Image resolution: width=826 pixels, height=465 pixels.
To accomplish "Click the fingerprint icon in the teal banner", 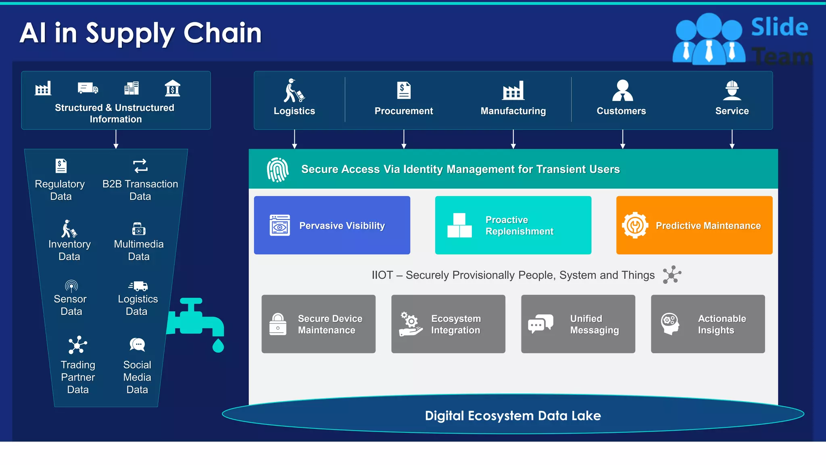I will coord(277,170).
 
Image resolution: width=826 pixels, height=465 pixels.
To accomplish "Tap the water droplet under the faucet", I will coord(218,346).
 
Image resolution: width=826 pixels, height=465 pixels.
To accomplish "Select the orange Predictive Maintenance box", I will coord(694,225).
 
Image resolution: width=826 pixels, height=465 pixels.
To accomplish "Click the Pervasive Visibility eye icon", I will coord(280,225).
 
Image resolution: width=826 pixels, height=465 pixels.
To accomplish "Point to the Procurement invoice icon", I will coord(404,90).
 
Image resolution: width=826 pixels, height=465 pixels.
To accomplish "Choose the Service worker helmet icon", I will coord(732,90).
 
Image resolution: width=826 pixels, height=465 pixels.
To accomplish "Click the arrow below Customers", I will coord(623,139).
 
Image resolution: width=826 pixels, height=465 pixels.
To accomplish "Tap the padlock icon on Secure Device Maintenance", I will coord(278,324).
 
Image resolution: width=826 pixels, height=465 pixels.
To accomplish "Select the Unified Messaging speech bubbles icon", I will coord(540,324).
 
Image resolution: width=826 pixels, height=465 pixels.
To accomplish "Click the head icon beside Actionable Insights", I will coord(670,324).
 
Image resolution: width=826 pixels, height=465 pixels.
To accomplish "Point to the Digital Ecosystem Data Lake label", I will coord(513,416).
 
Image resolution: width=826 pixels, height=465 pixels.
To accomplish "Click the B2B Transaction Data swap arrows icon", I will coord(140,166).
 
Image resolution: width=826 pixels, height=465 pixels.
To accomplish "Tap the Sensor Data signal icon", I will coord(71,286).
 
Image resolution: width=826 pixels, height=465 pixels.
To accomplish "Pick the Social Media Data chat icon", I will coord(138,345).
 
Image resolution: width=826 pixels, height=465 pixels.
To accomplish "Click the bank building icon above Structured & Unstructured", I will coord(173,88).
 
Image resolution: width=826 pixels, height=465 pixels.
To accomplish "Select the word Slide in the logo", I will coord(779,27).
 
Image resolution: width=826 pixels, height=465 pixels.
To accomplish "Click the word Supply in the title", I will coord(130,34).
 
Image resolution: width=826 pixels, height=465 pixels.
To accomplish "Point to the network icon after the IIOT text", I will coord(672,275).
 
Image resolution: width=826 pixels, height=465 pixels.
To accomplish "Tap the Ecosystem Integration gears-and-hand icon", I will coord(411,324).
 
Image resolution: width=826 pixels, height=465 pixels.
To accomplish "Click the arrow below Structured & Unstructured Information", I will coord(116,139).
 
